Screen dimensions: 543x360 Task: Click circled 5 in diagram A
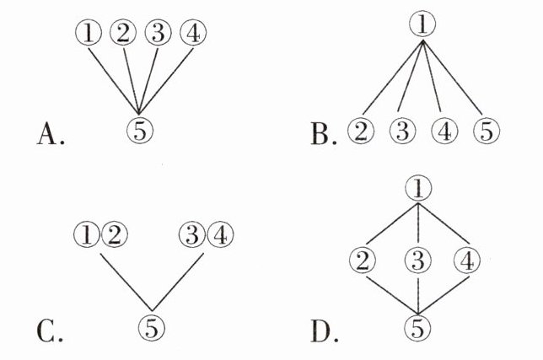(x=140, y=131)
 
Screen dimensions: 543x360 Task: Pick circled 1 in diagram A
(x=89, y=33)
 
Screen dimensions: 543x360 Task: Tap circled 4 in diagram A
(x=193, y=33)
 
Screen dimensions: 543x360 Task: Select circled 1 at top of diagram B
(x=422, y=24)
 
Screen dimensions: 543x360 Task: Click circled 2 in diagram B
(x=361, y=131)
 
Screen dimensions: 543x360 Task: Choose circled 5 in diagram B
(x=487, y=131)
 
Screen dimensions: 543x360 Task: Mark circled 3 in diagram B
(x=402, y=131)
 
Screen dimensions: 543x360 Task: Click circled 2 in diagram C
(x=115, y=234)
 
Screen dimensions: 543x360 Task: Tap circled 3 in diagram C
(x=192, y=234)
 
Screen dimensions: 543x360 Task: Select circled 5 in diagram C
(x=152, y=328)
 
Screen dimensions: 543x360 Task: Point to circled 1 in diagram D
(x=418, y=188)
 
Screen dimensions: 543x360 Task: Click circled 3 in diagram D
(x=418, y=260)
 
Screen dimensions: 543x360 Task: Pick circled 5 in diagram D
(x=417, y=327)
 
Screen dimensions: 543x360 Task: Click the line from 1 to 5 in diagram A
(x=114, y=81)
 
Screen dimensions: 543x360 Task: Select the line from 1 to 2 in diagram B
(x=393, y=78)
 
